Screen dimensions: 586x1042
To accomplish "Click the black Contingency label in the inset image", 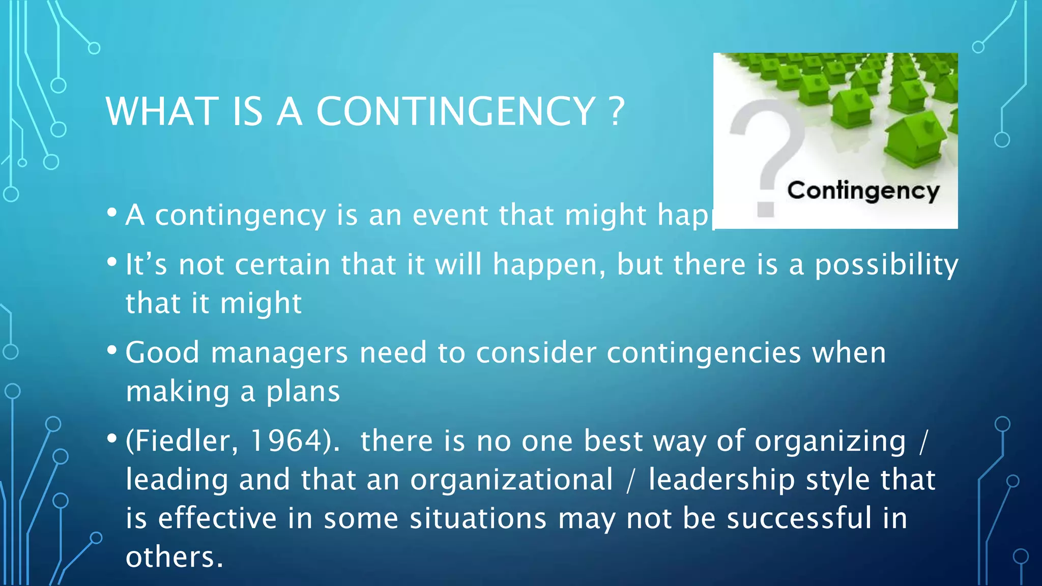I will (x=863, y=191).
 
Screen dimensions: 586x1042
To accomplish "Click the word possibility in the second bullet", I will (x=886, y=265).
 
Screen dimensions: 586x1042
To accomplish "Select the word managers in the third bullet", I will (x=279, y=353).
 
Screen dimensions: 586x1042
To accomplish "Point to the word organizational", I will (x=511, y=480).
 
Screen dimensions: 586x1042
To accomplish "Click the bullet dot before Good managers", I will (x=112, y=350).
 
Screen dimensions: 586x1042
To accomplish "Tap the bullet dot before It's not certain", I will (x=112, y=262).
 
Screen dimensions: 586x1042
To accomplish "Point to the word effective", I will (x=218, y=518).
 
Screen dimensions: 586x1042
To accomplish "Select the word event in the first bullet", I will (x=451, y=215).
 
